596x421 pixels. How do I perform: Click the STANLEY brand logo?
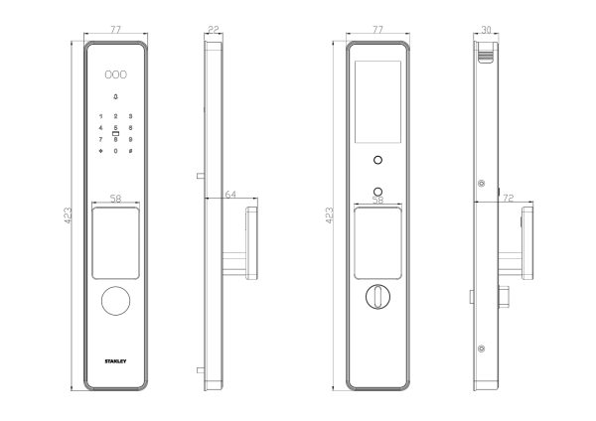(115, 361)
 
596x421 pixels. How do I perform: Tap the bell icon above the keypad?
(115, 97)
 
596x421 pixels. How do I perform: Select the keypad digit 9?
(130, 139)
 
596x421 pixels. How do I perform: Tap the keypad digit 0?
(115, 151)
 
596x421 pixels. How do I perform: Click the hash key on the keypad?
(130, 151)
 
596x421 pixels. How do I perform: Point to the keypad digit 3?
(130, 116)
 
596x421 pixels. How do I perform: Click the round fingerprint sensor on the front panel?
(115, 301)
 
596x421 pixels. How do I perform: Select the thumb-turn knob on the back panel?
(377, 296)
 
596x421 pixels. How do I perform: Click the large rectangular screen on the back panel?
(377, 101)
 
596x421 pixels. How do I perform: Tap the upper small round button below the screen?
(377, 160)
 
